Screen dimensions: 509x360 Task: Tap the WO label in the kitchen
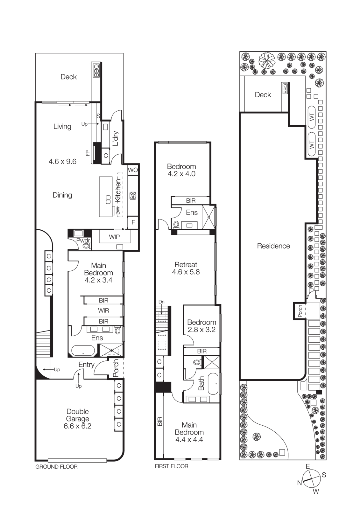[x=133, y=170]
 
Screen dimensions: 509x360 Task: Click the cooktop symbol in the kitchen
[x=133, y=196]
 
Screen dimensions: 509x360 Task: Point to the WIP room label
[x=114, y=237]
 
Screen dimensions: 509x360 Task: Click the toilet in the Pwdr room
[x=86, y=246]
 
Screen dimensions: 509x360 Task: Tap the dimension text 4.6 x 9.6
[x=62, y=162]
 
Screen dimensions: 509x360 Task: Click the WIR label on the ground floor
[x=103, y=310]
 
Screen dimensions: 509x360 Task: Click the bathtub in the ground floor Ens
[x=83, y=351]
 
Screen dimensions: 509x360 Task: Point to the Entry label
[x=86, y=365]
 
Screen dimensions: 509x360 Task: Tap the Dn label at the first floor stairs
[x=161, y=302]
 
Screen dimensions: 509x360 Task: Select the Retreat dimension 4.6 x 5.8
[x=186, y=272]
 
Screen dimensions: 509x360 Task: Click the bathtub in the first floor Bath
[x=213, y=384]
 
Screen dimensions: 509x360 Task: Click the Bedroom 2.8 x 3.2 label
[x=201, y=326]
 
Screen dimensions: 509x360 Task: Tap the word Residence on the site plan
[x=273, y=246]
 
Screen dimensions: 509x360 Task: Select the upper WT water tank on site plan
[x=311, y=117]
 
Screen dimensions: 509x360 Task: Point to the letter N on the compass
[x=299, y=483]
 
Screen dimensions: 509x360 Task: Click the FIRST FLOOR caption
[x=171, y=466]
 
